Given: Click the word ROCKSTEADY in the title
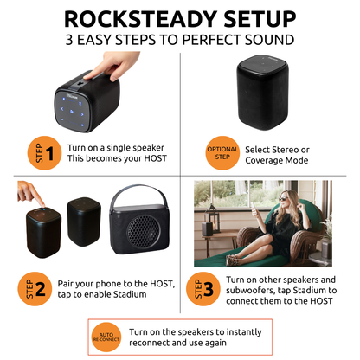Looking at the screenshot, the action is [x=141, y=19].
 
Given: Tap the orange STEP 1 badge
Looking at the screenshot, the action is [x=44, y=153].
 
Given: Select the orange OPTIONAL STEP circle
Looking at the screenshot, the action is [x=222, y=153].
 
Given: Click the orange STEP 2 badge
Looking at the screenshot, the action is [x=35, y=289].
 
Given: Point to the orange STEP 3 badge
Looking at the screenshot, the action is [x=203, y=289].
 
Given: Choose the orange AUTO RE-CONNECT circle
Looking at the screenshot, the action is [x=106, y=337].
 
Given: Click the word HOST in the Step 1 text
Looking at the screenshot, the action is [x=155, y=158].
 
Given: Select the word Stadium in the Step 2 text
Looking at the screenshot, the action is [x=130, y=294].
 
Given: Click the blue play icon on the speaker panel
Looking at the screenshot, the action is [x=72, y=112].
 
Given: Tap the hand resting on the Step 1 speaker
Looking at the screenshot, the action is [x=113, y=65].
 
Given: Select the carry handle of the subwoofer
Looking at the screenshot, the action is [x=138, y=193].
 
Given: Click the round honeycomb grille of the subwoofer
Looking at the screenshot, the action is [x=143, y=231].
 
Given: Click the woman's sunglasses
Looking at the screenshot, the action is [x=283, y=199].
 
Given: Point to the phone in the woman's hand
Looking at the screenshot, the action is [x=253, y=207].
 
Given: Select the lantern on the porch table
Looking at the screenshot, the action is [x=213, y=218].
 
